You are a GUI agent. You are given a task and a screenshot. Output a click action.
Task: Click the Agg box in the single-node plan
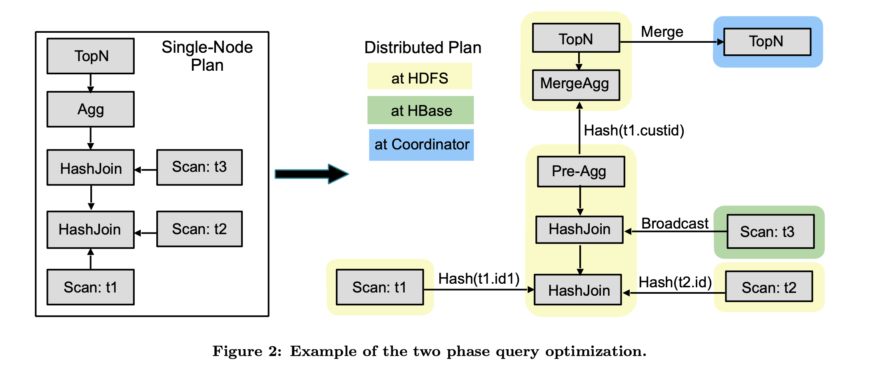pyautogui.click(x=91, y=109)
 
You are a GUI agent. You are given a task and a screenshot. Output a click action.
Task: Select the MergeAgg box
pyautogui.click(x=576, y=85)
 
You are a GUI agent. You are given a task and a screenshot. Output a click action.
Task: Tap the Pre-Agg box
pyautogui.click(x=581, y=171)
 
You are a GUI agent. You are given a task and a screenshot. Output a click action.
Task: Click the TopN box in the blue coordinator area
pyautogui.click(x=767, y=42)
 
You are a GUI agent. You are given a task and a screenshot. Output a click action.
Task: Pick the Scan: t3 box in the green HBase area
pyautogui.click(x=770, y=231)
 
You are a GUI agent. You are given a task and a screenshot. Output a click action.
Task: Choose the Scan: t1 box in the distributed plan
pyautogui.click(x=380, y=287)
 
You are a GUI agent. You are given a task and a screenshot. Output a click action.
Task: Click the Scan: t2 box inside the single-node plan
pyautogui.click(x=200, y=229)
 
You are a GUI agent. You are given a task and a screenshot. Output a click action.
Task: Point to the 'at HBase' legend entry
pyautogui.click(x=421, y=110)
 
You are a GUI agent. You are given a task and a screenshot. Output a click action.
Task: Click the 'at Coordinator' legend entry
pyautogui.click(x=421, y=145)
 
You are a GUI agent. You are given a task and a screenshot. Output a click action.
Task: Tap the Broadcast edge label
pyautogui.click(x=675, y=223)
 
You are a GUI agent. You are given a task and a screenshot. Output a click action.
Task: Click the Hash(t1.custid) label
pyautogui.click(x=634, y=130)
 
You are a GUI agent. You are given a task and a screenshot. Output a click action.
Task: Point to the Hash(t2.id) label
pyautogui.click(x=675, y=282)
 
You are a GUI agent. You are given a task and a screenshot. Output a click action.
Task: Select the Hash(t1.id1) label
pyautogui.click(x=479, y=279)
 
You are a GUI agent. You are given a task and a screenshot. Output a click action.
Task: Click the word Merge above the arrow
pyautogui.click(x=662, y=32)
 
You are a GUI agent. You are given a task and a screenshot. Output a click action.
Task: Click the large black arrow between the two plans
pyautogui.click(x=312, y=174)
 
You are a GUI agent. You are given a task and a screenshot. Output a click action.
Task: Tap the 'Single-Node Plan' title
pyautogui.click(x=207, y=56)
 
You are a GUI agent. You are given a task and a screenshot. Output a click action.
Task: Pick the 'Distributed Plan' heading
pyautogui.click(x=423, y=48)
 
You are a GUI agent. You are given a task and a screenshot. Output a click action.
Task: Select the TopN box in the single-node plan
pyautogui.click(x=91, y=56)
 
